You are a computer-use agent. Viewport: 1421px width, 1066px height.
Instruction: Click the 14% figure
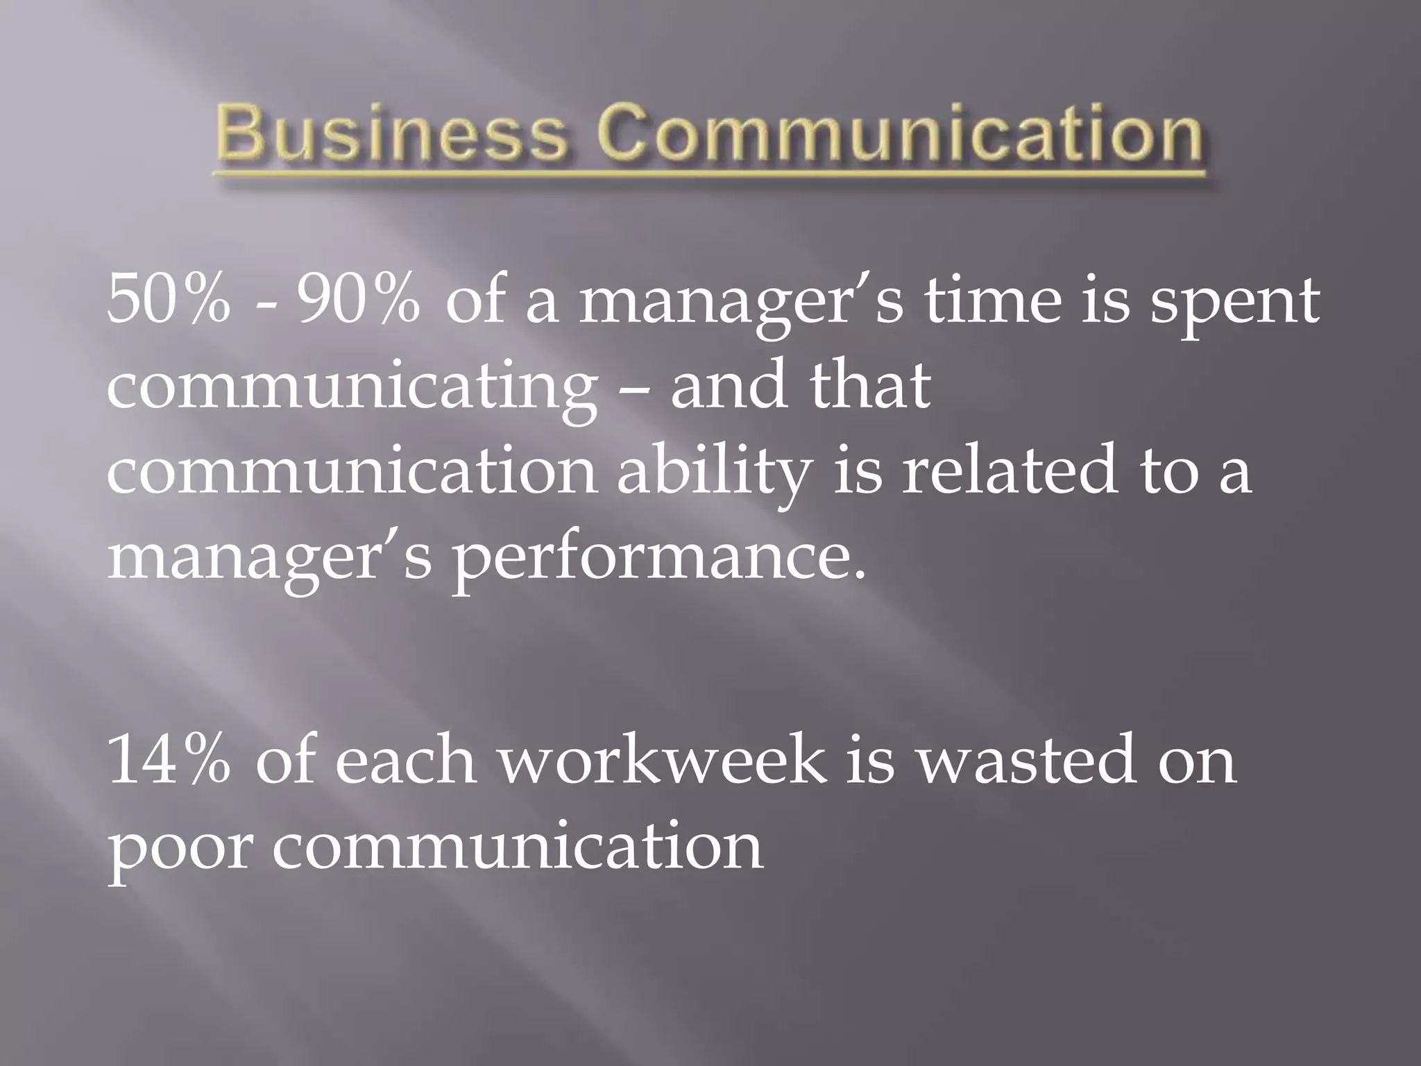tap(168, 760)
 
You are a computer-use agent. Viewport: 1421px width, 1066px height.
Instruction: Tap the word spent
tap(1234, 305)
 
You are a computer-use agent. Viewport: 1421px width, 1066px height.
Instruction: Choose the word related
tap(1010, 472)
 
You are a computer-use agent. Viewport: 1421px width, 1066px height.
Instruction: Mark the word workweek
tap(662, 760)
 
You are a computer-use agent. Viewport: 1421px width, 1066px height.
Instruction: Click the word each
tap(405, 760)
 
